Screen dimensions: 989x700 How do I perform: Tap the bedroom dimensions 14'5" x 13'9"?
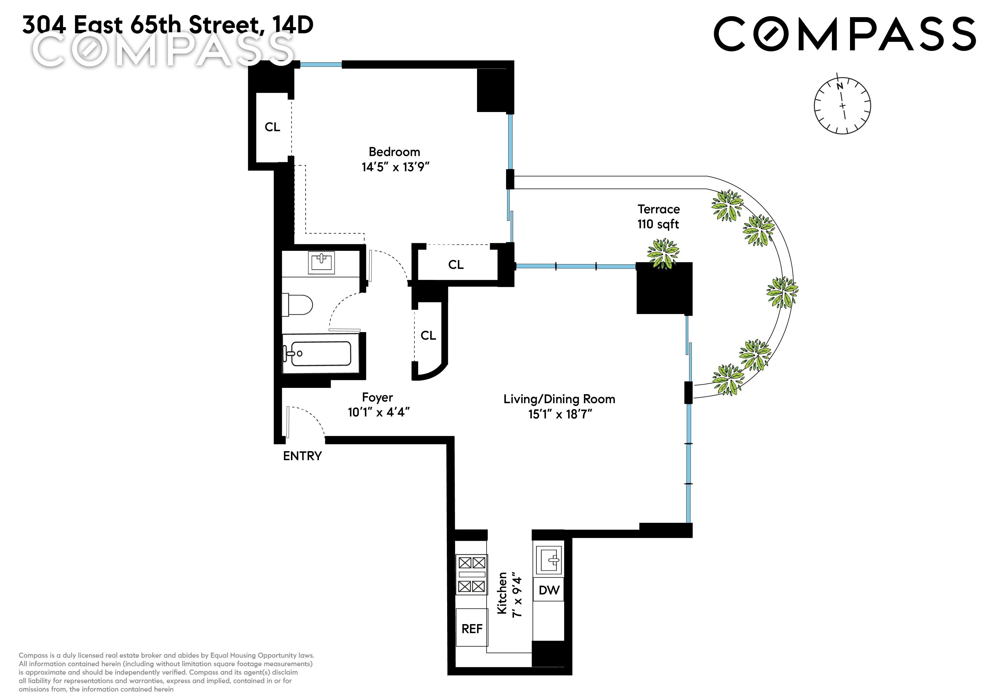(396, 167)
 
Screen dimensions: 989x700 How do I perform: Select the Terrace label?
(658, 209)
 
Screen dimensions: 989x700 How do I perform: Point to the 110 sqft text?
(658, 224)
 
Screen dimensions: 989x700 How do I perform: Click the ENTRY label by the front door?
(303, 456)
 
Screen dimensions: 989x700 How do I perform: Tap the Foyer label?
(377, 398)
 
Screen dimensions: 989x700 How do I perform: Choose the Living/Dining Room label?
(559, 399)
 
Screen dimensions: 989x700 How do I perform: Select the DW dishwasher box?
(549, 590)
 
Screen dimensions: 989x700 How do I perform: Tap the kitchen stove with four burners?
(472, 574)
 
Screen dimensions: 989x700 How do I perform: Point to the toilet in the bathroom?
(297, 305)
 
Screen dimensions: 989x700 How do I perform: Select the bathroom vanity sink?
(321, 262)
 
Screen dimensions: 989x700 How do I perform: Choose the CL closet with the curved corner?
(428, 335)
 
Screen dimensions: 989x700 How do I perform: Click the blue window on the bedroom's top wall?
(321, 65)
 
